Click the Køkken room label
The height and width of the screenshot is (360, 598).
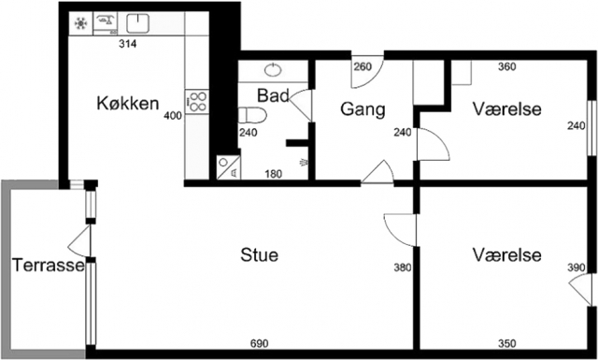[128, 103]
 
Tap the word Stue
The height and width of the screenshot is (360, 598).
[260, 254]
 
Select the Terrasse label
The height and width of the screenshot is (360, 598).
[48, 265]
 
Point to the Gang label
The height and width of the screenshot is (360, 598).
[363, 109]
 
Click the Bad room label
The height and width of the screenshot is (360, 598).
[273, 95]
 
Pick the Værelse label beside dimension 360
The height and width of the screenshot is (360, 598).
[506, 108]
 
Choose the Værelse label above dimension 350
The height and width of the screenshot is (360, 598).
[506, 254]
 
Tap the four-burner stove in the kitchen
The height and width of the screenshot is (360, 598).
[197, 102]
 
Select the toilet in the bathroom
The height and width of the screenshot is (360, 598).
[252, 115]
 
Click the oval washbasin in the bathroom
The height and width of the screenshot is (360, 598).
[274, 70]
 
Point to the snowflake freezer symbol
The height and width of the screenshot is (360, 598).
[80, 23]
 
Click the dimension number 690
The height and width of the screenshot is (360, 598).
[260, 343]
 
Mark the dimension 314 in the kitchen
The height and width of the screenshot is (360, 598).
[127, 44]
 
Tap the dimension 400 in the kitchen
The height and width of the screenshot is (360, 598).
[173, 116]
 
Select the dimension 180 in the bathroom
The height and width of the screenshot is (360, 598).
[274, 174]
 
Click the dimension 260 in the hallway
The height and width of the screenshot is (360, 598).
[363, 67]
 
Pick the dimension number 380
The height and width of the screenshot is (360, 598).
[403, 267]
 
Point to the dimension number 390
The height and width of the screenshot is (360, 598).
[576, 267]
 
